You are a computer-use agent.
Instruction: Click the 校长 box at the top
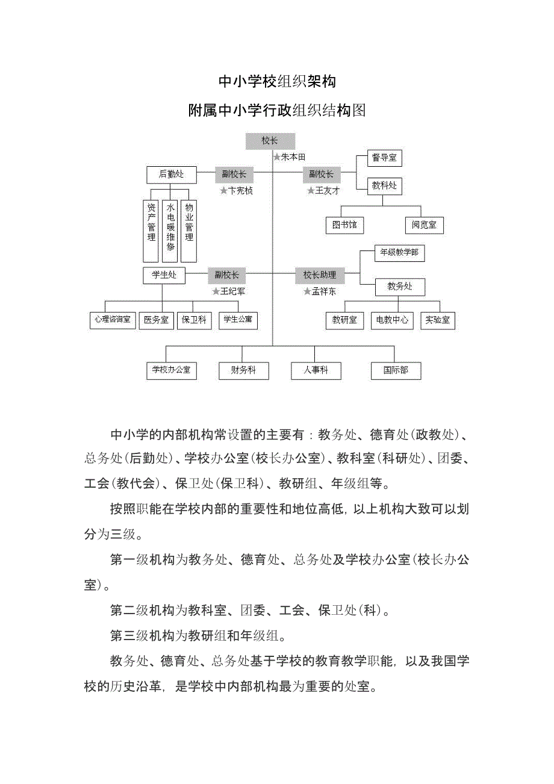(x=270, y=141)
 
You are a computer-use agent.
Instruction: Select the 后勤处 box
(x=172, y=175)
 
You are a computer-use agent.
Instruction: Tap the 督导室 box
(x=384, y=158)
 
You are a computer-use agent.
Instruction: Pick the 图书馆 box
(x=344, y=225)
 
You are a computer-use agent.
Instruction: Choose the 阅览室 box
(x=424, y=225)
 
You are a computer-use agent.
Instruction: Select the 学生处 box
(x=164, y=275)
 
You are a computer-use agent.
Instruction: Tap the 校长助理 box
(x=320, y=275)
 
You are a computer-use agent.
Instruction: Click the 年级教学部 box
(x=399, y=253)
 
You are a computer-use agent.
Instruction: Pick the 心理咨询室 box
(x=113, y=320)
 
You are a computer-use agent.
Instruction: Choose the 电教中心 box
(x=392, y=320)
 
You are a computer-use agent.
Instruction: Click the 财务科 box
(x=243, y=370)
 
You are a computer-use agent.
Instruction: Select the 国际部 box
(x=396, y=370)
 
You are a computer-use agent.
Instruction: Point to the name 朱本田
(x=293, y=157)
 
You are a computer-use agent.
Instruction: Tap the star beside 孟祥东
(x=307, y=291)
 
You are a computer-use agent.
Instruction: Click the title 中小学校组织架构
(x=276, y=81)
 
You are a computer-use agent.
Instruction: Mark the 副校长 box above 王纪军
(x=227, y=275)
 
